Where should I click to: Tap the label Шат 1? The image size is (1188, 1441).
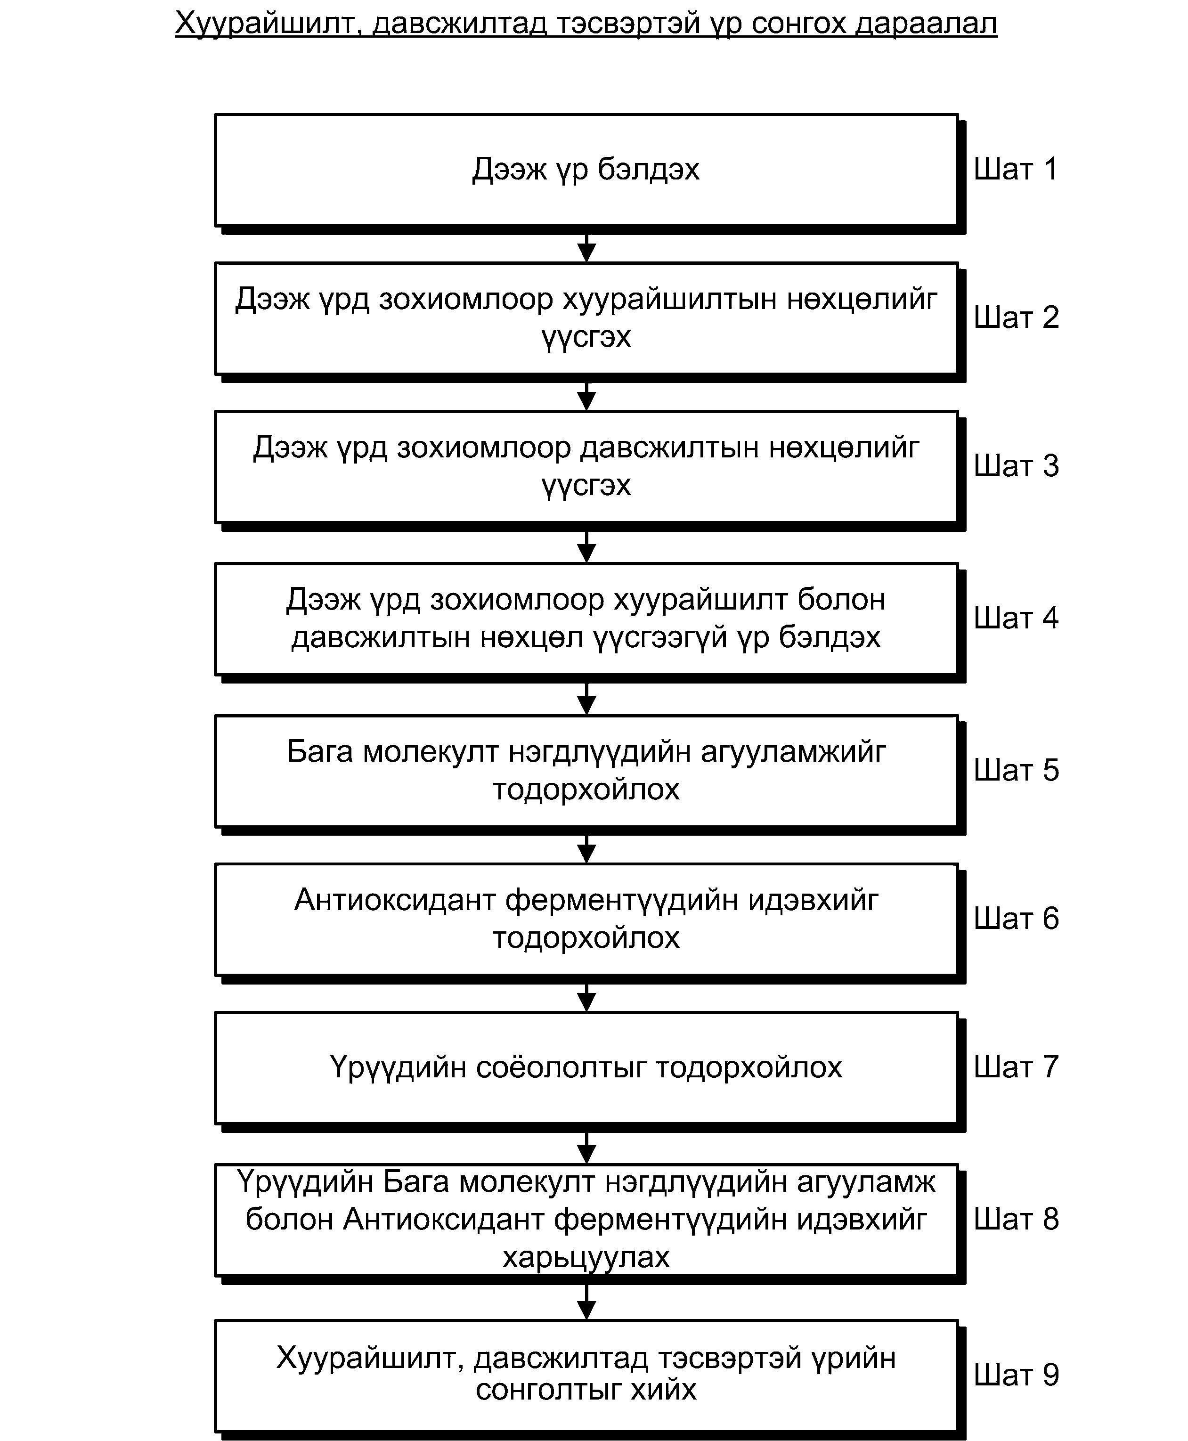click(x=1016, y=169)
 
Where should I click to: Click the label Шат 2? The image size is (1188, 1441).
click(x=1016, y=318)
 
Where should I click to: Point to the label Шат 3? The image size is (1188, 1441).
click(x=1016, y=466)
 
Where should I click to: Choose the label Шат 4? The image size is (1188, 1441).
click(x=1016, y=618)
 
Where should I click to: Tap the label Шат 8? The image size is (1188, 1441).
click(x=1016, y=1219)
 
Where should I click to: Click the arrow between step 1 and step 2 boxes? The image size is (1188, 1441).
click(x=586, y=248)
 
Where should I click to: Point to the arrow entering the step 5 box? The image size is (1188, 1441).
click(x=586, y=699)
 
